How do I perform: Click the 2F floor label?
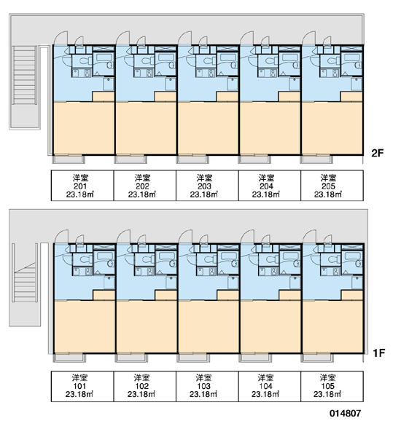point(378,153)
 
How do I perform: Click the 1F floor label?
point(378,353)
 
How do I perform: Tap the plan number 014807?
point(345,413)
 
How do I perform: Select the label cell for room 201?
point(82,185)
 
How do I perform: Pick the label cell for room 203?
point(207,185)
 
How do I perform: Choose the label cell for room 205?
point(332,185)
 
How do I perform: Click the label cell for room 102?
point(145,386)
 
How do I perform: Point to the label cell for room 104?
point(270,386)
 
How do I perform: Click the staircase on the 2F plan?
point(25,75)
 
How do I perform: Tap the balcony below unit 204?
point(254,160)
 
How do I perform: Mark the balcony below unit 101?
point(69,358)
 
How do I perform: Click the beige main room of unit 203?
point(209,128)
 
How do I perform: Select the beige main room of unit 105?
point(332,326)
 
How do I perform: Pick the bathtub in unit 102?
point(166,259)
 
